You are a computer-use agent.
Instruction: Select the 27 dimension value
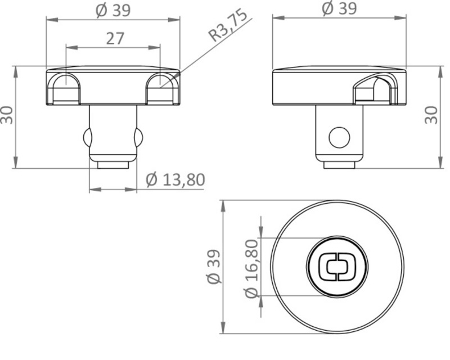click(x=115, y=38)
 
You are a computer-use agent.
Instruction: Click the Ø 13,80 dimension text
click(x=175, y=179)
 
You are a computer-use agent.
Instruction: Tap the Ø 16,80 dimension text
click(x=251, y=268)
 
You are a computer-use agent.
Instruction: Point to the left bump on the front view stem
click(x=87, y=136)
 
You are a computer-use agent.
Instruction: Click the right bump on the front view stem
click(x=139, y=136)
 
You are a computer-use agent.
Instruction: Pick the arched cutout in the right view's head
click(x=373, y=89)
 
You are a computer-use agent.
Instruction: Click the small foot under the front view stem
click(x=113, y=164)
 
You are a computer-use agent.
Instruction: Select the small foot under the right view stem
click(x=339, y=164)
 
